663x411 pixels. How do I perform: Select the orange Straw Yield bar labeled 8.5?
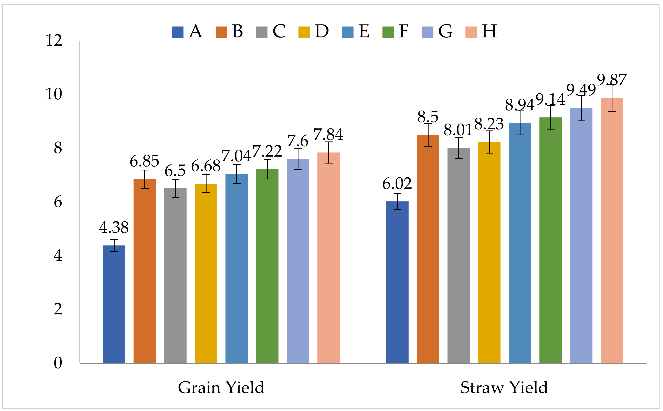[x=428, y=249]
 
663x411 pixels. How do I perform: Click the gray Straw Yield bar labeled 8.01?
[x=458, y=255]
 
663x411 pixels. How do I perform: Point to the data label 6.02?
[x=397, y=184]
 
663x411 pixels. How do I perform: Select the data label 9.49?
[x=581, y=90]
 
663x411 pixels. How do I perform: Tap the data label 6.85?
[x=144, y=161]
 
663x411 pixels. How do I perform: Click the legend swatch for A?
[x=178, y=32]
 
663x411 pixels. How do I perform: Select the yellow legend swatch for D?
[x=304, y=32]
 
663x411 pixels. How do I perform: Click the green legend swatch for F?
[x=388, y=32]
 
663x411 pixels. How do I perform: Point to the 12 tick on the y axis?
[x=54, y=41]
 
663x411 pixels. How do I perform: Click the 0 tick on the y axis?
[x=58, y=363]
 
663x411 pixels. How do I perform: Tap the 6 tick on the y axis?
[x=58, y=202]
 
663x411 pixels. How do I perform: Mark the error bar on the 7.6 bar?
[x=298, y=159]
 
